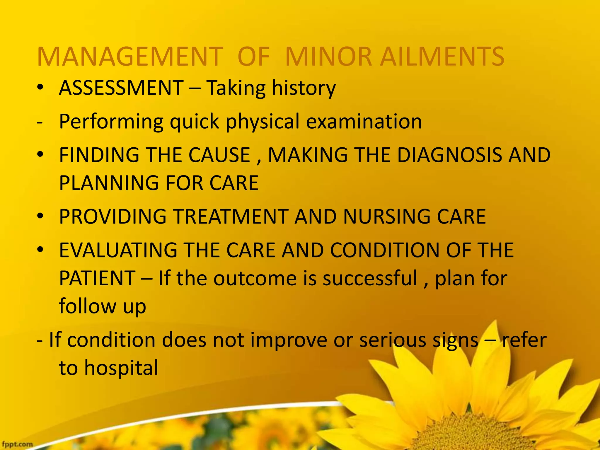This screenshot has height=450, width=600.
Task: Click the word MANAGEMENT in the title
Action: (x=130, y=57)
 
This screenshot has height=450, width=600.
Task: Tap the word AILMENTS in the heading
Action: (x=442, y=57)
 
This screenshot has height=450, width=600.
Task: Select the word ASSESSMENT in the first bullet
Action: (x=121, y=88)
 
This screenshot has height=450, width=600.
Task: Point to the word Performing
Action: (x=111, y=121)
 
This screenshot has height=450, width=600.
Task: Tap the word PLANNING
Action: (x=110, y=183)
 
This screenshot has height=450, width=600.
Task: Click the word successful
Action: (x=370, y=278)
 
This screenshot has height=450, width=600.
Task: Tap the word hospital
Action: (x=121, y=368)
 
